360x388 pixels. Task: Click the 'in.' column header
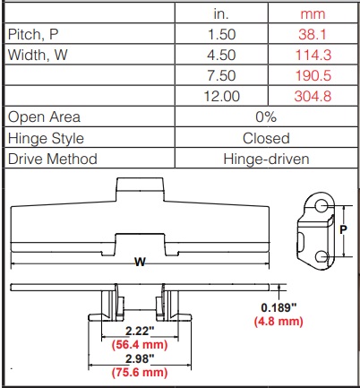pos(221,14)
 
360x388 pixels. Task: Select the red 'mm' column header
pos(313,14)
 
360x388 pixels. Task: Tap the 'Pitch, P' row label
pos(33,34)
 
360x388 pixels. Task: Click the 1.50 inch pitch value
pos(221,35)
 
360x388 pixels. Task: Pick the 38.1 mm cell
pos(313,35)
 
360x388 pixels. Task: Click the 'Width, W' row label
pos(38,55)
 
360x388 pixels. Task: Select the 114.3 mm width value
pos(313,56)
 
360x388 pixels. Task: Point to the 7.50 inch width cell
pos(221,75)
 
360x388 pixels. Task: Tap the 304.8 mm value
pos(313,96)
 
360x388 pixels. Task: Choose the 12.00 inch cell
pos(222,96)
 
